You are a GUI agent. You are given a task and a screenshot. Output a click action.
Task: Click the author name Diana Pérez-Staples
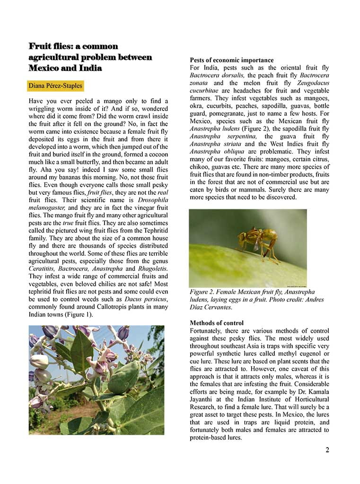point(55,86)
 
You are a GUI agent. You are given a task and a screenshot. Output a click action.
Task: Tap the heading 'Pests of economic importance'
point(231,60)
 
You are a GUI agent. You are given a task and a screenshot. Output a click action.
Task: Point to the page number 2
point(327,449)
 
